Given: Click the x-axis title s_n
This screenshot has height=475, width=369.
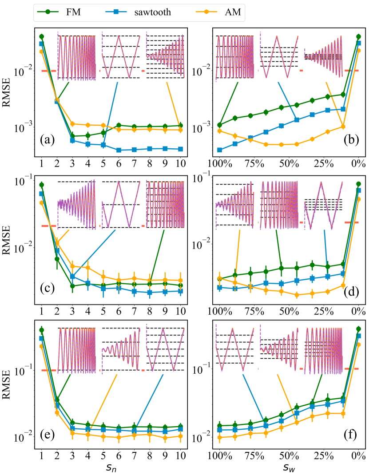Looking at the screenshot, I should click(x=111, y=467).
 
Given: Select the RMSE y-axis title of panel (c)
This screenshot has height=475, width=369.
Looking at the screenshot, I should click(x=9, y=240).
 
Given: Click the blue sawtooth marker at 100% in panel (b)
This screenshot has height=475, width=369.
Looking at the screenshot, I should click(x=219, y=150).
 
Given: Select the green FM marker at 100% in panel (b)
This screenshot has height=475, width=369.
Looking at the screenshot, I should click(x=219, y=125).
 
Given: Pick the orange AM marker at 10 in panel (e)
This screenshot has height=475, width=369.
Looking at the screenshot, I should click(x=180, y=436).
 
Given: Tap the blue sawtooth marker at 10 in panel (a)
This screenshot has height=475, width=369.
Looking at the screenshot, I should click(x=180, y=149).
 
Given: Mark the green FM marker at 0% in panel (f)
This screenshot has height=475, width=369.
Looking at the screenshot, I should click(x=359, y=329).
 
